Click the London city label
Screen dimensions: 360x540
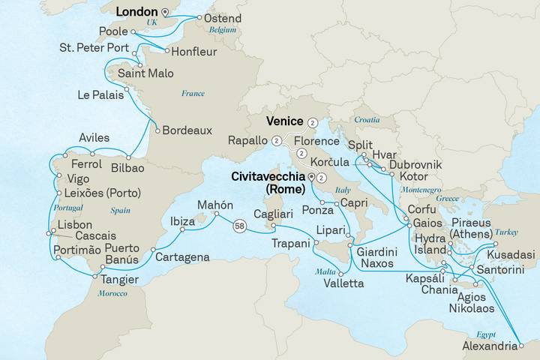coord(136,12)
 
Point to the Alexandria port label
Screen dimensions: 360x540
coord(490,346)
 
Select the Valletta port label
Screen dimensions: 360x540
coord(343,283)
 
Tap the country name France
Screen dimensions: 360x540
coord(193,93)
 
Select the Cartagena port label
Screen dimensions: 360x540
coord(182,257)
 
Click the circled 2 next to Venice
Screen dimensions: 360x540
coord(312,121)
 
